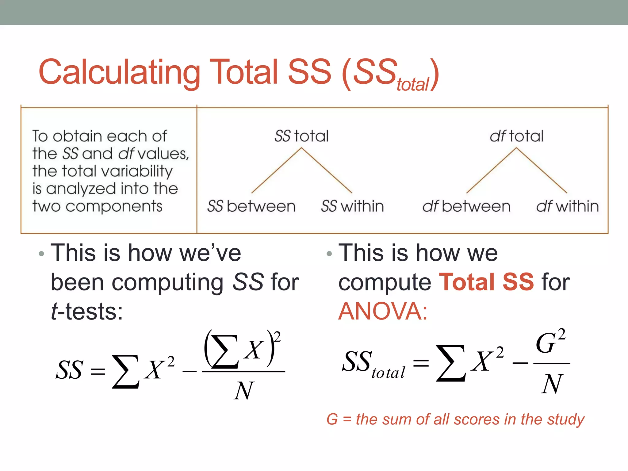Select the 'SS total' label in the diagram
coord(301,136)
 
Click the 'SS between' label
coord(251,206)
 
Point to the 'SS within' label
coord(352,206)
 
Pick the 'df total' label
coord(516,136)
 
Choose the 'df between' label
coord(466,206)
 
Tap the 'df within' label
coord(567,206)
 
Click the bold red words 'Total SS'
coord(487,282)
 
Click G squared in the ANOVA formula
coord(550,342)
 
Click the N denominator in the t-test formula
coord(244,391)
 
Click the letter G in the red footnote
coord(332,419)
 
